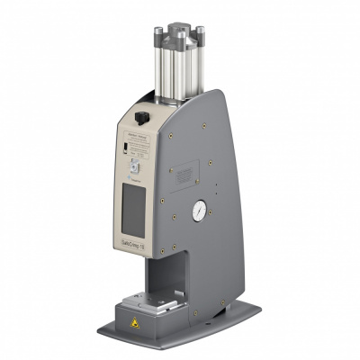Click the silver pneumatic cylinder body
pyautogui.click(x=177, y=72)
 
